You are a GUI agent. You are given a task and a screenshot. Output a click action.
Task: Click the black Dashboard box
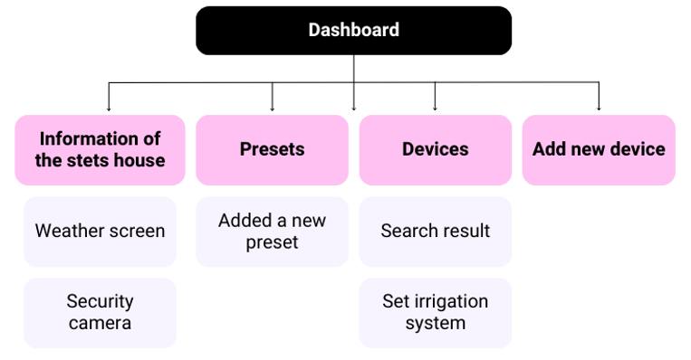pos(353,30)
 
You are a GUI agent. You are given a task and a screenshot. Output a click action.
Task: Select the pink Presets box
pos(272,149)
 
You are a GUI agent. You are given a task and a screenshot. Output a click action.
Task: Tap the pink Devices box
pos(435,149)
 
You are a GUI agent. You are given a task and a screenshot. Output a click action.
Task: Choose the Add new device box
pos(599,149)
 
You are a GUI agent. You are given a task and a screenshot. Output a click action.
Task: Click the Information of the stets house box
pos(100,149)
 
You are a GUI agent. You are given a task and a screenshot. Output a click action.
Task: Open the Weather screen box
pos(100,231)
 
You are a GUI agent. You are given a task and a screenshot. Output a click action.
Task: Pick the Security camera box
pos(100,312)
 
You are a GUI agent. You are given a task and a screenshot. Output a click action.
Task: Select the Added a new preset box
pos(272,231)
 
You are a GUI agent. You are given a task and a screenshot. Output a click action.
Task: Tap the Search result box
pos(435,231)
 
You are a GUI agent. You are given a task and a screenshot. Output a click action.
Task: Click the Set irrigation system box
pos(435,312)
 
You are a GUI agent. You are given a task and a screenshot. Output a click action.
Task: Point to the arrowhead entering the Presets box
pos(272,109)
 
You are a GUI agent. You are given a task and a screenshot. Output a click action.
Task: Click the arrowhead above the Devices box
pos(435,109)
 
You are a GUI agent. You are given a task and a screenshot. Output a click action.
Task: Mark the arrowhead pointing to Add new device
pos(599,109)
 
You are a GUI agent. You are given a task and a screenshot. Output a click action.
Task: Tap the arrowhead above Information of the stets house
pos(109,109)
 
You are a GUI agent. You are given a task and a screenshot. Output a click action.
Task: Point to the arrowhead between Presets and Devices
pos(353,109)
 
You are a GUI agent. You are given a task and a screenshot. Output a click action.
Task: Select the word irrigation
pos(448,301)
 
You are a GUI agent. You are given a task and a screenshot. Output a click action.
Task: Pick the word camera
pos(100,323)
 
